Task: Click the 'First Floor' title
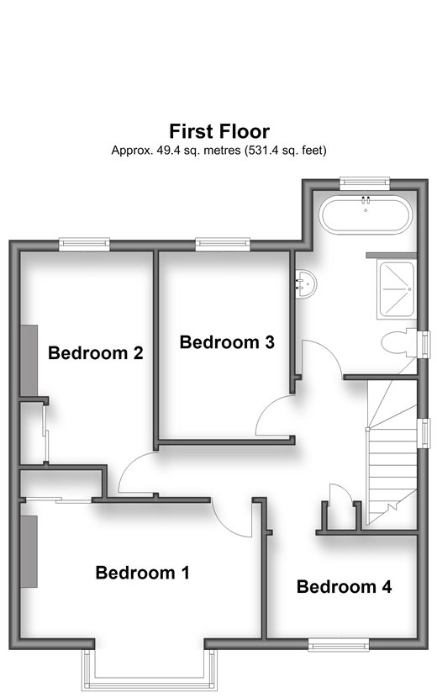219,131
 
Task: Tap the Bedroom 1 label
142,573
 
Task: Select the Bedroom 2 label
96,352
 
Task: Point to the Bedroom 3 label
227,342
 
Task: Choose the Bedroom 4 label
344,587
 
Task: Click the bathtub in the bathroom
366,215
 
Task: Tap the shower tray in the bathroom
396,290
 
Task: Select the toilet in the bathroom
399,343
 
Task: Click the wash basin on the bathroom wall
306,284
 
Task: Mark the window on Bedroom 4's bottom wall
339,644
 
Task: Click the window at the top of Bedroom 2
85,243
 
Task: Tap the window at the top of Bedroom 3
223,243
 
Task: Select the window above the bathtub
365,182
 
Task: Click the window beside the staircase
425,433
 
